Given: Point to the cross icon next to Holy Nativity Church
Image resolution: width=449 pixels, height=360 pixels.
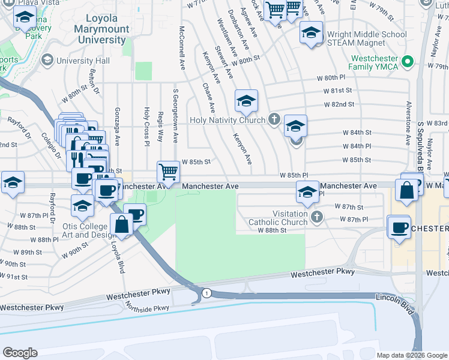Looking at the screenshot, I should [274, 119].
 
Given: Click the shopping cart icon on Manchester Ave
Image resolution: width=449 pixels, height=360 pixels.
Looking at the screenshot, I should [169, 172].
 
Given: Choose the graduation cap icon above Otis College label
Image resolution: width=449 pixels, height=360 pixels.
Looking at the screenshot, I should [83, 206].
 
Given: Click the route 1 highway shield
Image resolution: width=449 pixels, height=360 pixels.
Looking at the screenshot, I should [206, 292].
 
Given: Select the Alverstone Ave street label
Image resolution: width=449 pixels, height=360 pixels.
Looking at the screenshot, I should [408, 122].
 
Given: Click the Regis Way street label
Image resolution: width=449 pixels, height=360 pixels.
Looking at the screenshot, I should [160, 125].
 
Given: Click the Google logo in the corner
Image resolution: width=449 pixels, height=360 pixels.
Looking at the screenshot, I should [20, 352].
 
